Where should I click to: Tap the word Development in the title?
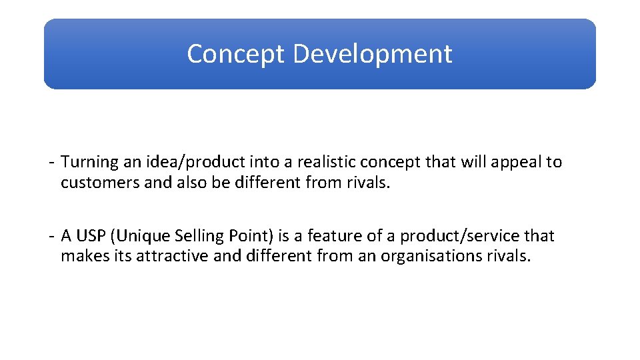(x=373, y=54)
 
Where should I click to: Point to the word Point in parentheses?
(x=247, y=236)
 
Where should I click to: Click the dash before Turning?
(x=51, y=163)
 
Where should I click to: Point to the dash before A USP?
(x=51, y=237)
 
